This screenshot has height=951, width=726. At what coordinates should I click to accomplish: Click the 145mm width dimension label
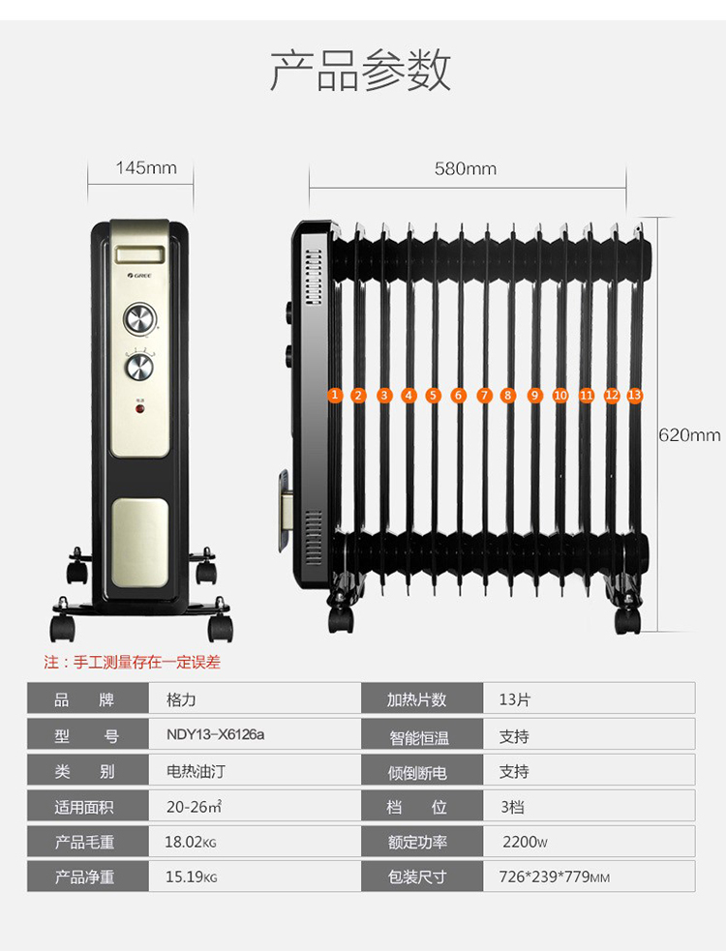point(146,168)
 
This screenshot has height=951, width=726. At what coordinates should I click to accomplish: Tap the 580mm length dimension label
point(466,168)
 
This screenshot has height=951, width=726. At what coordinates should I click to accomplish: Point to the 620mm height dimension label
point(689,434)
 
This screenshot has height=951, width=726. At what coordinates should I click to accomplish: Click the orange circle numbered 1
point(334,395)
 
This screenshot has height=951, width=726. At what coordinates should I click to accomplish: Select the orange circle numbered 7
point(484,396)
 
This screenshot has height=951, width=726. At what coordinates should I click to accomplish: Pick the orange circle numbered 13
point(634,395)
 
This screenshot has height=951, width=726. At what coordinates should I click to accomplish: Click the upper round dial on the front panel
point(140,319)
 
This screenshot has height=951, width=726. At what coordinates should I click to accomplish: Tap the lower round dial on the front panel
point(139,367)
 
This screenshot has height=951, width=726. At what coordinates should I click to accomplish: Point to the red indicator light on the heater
point(139,409)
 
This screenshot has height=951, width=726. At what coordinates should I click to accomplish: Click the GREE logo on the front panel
point(139,276)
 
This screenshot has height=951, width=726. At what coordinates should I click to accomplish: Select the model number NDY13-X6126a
point(216,734)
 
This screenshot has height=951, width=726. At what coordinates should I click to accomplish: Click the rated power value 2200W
point(525,842)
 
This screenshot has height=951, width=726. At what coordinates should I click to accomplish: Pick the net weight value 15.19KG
point(192,877)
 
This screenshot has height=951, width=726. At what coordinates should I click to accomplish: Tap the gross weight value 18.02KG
point(191,842)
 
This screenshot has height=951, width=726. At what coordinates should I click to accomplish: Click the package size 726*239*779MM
point(555,877)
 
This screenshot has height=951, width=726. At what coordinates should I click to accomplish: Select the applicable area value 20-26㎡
point(195,807)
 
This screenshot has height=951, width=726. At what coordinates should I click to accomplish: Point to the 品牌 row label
point(84,699)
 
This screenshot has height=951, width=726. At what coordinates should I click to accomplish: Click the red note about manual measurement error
point(132,662)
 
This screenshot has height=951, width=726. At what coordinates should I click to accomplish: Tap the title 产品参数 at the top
point(360,71)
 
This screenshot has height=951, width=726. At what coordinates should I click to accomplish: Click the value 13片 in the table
point(515,699)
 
